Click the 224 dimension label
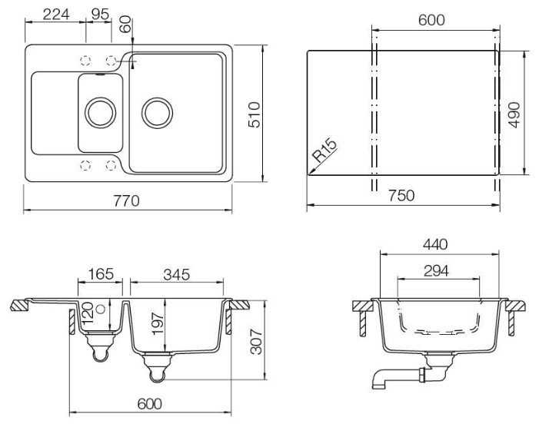[56, 15]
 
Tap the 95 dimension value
[101, 15]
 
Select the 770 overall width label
[127, 200]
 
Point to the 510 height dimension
[255, 114]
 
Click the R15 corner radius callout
[324, 150]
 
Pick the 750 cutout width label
[401, 196]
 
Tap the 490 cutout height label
[514, 114]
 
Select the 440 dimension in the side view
[435, 244]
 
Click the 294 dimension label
[436, 271]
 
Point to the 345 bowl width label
[176, 275]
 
